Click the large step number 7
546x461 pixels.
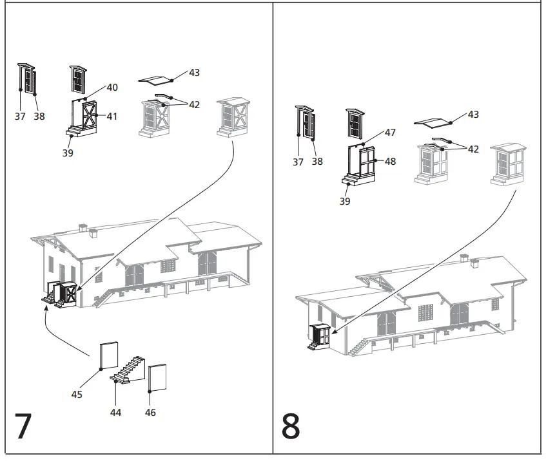pos(23,426)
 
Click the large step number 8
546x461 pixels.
pos(291,426)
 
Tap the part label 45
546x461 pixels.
pos(77,395)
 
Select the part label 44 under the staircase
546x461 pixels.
pos(115,412)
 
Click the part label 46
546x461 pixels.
pos(150,412)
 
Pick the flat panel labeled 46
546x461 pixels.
pos(158,377)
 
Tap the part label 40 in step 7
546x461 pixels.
pos(112,88)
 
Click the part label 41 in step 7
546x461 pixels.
pos(112,117)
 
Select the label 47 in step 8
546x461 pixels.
pos(390,132)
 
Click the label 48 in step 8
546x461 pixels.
pos(390,162)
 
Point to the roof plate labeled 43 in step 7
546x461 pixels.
pos(157,80)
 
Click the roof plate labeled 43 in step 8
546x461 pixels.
pos(433,122)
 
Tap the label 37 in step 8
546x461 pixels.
pos(298,162)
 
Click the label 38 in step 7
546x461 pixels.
pos(39,117)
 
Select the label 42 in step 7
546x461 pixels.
pos(194,105)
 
